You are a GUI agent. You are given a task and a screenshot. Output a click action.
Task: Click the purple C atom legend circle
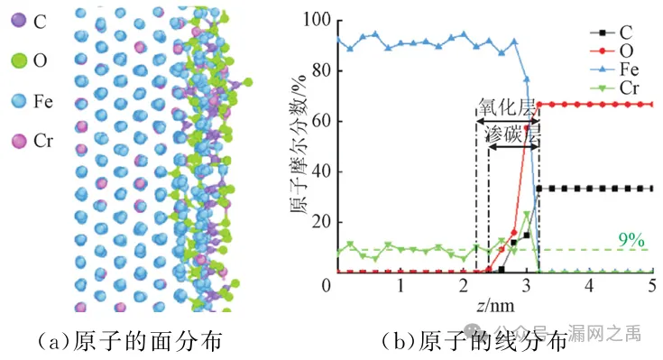19,21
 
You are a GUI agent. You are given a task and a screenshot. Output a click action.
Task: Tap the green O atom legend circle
19,60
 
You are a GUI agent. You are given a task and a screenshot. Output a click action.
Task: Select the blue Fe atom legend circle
19,101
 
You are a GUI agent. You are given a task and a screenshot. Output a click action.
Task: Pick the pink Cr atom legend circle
19,141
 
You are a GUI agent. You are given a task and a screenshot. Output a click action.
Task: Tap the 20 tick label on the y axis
321,222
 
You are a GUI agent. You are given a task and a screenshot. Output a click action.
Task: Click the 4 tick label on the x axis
589,285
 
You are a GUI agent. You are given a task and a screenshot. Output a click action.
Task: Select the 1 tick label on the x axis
401,285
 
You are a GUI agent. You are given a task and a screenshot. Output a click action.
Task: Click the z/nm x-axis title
495,305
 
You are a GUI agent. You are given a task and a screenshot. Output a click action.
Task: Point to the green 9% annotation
631,240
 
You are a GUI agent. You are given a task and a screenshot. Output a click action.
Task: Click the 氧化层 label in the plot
507,107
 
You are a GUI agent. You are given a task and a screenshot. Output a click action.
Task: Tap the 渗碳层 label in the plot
513,134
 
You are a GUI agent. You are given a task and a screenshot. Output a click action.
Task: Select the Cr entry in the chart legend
614,88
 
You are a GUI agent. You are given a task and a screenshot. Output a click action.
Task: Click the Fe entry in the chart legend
614,69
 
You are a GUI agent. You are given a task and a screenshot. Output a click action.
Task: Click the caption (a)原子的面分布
130,341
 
